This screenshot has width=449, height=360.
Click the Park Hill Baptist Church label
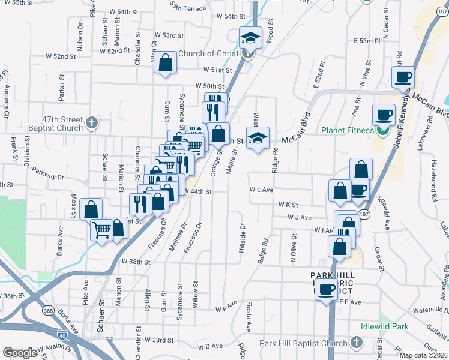click(303, 343)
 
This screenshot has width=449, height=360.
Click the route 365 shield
click(47, 311)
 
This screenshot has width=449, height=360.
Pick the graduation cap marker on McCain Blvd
click(258, 137)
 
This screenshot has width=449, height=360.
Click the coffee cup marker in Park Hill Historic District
click(327, 290)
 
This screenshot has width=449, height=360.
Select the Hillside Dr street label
click(243, 238)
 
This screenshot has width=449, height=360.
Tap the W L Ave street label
click(262, 190)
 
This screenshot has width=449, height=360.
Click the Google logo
click(20, 353)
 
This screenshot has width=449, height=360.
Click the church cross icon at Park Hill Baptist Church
click(356, 343)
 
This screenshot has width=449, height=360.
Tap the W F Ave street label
click(228, 310)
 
